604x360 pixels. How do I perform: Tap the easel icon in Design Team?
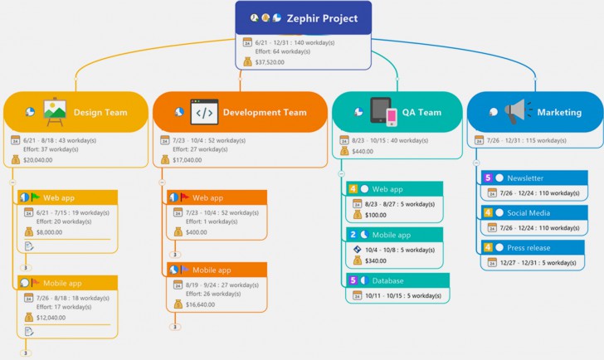55,112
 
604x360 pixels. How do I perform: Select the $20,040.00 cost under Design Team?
39,160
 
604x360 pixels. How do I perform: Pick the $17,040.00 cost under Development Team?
189,160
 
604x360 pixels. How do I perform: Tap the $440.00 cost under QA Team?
363,152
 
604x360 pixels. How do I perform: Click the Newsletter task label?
525,178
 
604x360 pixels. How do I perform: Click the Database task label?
388,280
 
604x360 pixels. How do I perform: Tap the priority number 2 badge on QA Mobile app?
353,235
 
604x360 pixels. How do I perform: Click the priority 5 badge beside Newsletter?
488,178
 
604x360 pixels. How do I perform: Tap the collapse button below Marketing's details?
476,162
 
